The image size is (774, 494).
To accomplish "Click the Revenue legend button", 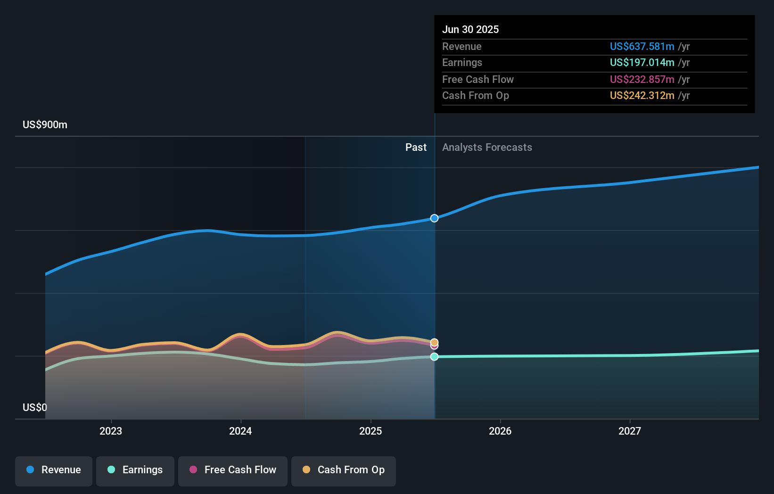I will point(54,470).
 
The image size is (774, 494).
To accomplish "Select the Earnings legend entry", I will point(135,470).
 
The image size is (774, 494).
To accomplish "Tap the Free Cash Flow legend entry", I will point(233,470).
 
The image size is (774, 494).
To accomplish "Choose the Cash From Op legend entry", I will point(344,470).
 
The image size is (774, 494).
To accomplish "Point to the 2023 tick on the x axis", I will point(111,431).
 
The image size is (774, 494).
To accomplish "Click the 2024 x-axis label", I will point(240,431).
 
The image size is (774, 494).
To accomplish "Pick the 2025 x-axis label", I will point(371,431).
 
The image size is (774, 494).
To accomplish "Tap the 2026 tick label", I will point(500,431).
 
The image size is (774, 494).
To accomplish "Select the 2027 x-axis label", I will point(630,431).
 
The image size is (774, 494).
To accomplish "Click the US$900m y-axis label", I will point(45,125).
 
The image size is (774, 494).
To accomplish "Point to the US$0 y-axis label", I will point(35,407).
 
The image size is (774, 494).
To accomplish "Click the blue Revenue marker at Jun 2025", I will point(434,218).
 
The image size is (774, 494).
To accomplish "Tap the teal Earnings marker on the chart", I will point(434,357).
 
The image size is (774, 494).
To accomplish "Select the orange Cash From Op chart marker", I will point(434,342).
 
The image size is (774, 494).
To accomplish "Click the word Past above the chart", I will point(416,148).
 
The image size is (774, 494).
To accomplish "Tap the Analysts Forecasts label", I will point(487,148).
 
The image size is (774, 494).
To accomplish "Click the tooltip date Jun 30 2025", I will point(470,30).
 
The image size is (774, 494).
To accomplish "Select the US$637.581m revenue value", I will point(642,47).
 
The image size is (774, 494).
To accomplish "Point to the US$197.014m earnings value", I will point(642,63).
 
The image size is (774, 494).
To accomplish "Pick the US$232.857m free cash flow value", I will point(642,80).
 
